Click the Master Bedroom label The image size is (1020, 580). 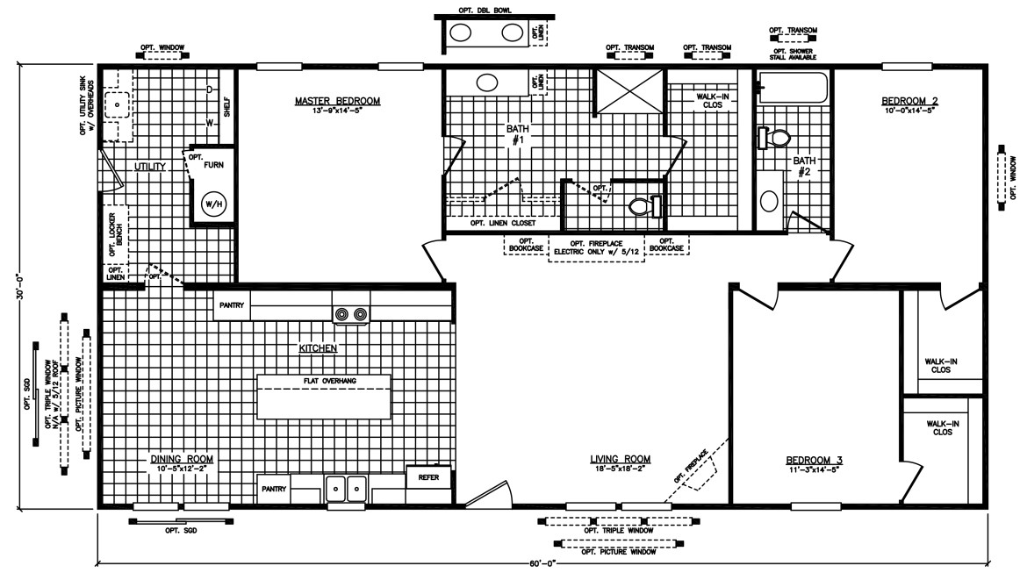point(337,101)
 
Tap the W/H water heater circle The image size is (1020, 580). point(213,204)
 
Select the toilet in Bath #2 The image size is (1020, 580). point(773,138)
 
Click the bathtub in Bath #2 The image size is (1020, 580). point(794,88)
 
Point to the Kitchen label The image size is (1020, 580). point(318,348)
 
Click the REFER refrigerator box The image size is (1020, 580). point(428,477)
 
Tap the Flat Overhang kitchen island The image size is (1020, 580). point(324,397)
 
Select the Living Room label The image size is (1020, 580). point(620,459)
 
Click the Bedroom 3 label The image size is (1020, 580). point(814,461)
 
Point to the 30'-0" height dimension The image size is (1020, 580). point(20,286)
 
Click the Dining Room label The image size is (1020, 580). point(182,459)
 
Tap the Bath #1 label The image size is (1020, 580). point(517,134)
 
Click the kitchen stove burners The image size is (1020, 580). point(351,315)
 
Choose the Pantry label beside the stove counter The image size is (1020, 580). point(232,305)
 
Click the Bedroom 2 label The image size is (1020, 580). point(909,101)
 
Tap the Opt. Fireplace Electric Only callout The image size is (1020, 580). point(597,247)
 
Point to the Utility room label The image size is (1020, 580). point(150,167)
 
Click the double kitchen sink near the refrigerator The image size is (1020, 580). point(346,489)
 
